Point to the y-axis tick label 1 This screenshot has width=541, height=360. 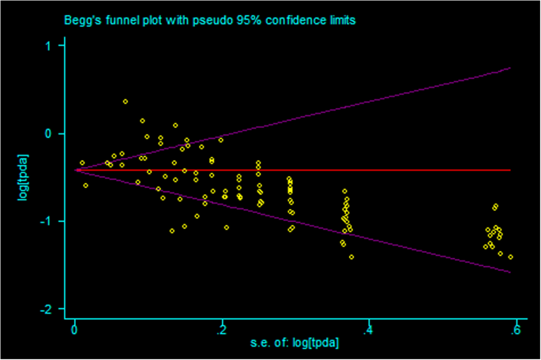49,46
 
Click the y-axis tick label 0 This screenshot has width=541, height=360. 49,133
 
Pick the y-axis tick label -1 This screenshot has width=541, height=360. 47,221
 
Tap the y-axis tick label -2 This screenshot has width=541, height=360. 47,309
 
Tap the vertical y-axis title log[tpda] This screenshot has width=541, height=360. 22,177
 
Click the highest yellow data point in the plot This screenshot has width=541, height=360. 125,101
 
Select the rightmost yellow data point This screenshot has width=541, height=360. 510,257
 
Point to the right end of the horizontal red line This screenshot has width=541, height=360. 510,170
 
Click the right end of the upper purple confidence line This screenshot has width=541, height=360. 510,68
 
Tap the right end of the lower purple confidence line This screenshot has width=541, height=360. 510,272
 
